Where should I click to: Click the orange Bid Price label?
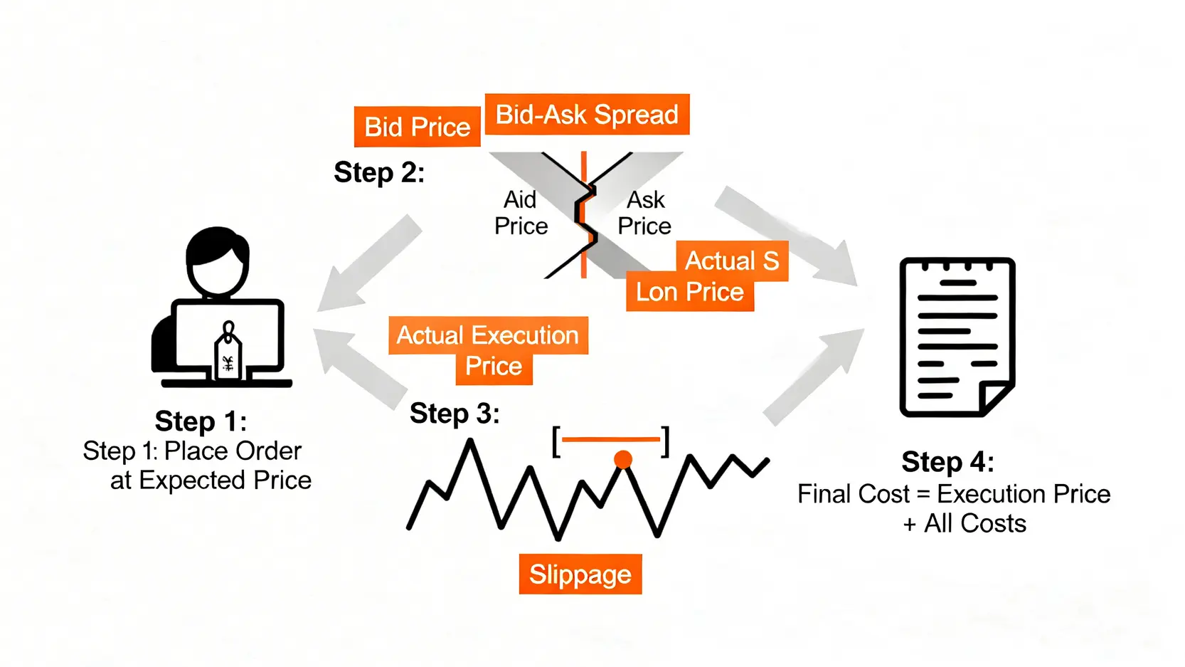[x=417, y=127]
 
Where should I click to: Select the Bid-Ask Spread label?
[x=587, y=115]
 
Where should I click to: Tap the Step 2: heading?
[x=379, y=172]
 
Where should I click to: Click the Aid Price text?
[x=521, y=213]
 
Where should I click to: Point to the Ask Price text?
[x=644, y=213]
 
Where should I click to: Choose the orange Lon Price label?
[x=689, y=292]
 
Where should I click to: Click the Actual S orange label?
[x=731, y=261]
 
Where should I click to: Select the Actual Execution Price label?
[x=488, y=350]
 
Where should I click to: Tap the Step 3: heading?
[x=455, y=414]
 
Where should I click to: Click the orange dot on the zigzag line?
[x=623, y=460]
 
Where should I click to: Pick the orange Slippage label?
[x=580, y=574]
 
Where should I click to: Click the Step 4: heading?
[x=947, y=462]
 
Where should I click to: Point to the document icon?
[x=957, y=337]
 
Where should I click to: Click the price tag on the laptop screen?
[x=228, y=356]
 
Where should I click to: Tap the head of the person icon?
[x=217, y=260]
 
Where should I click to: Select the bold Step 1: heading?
[x=201, y=421]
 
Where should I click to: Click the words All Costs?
[x=975, y=524]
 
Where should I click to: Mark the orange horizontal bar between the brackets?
[x=612, y=440]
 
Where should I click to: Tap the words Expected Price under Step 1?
[x=225, y=480]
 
